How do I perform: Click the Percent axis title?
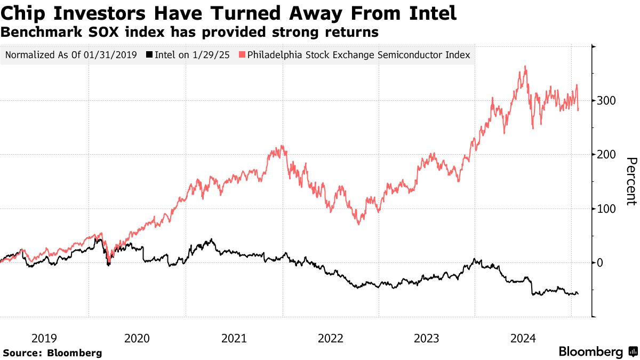click(x=631, y=181)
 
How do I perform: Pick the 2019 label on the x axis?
click(x=44, y=338)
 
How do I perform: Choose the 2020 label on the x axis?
click(x=137, y=338)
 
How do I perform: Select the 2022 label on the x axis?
click(x=331, y=338)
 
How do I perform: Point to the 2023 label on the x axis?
click(x=427, y=338)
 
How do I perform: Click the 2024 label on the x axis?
click(x=524, y=338)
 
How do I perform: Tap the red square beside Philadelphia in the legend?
click(x=243, y=55)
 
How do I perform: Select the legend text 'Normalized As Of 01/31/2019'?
click(x=71, y=55)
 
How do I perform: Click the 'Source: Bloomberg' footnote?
click(x=52, y=353)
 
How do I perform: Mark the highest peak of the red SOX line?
click(x=525, y=67)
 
